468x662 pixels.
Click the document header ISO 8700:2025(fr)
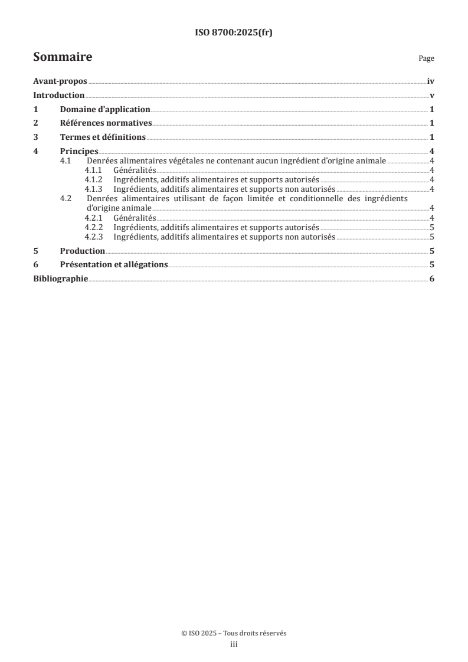tap(234, 33)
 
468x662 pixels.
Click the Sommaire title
tap(63, 57)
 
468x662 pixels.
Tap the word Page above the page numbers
tap(426, 58)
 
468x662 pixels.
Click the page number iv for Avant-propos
tap(431, 82)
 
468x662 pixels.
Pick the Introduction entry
tap(59, 96)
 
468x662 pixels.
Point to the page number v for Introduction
tap(433, 96)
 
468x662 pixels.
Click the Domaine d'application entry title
tap(105, 109)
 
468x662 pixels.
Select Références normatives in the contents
tap(106, 123)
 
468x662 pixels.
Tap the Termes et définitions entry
tap(103, 137)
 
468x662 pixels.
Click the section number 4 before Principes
tap(35, 151)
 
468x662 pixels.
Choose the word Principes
tap(79, 151)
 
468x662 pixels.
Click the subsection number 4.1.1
tap(93, 170)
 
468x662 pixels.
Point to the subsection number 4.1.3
tap(93, 189)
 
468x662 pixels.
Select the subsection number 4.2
tap(66, 199)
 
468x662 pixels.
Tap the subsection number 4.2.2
tap(93, 227)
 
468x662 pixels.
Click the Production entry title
tap(83, 251)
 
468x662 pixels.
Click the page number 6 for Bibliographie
tap(432, 278)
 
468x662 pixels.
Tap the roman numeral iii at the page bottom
tap(234, 644)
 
